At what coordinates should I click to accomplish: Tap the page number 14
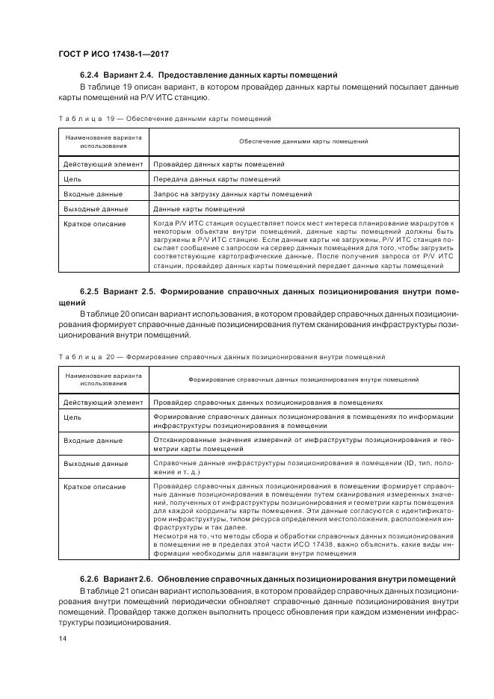coord(63,638)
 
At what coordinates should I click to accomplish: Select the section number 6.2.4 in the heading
coord(89,75)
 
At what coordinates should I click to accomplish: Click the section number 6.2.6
coord(89,580)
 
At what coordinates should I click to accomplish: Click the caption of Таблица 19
coord(164,119)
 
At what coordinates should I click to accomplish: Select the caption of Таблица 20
coord(220,357)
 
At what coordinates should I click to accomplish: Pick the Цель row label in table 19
coord(72,179)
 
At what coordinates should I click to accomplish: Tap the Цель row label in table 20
coord(72,417)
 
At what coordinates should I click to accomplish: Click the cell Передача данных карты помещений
coord(217,179)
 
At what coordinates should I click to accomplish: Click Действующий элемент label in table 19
coord(102,164)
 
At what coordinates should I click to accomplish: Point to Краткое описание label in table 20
coord(94,487)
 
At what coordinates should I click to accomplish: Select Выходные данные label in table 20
coord(95,464)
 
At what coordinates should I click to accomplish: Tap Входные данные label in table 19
coord(92,194)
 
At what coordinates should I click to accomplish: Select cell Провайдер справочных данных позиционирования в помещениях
coord(268,402)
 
